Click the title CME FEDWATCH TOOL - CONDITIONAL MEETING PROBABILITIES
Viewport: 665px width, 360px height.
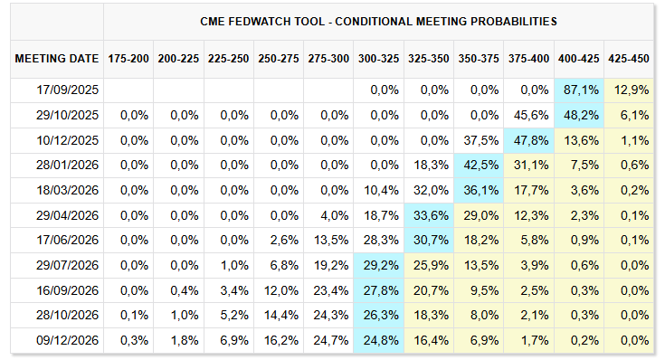click(378, 22)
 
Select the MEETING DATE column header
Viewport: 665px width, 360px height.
click(57, 59)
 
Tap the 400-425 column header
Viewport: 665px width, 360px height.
click(578, 59)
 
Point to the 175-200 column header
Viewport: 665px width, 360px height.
click(128, 59)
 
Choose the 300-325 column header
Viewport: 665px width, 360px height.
click(378, 59)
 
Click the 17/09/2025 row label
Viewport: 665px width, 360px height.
click(68, 90)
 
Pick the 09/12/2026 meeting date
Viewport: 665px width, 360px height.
click(68, 340)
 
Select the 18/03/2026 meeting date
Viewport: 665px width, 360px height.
click(68, 190)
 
